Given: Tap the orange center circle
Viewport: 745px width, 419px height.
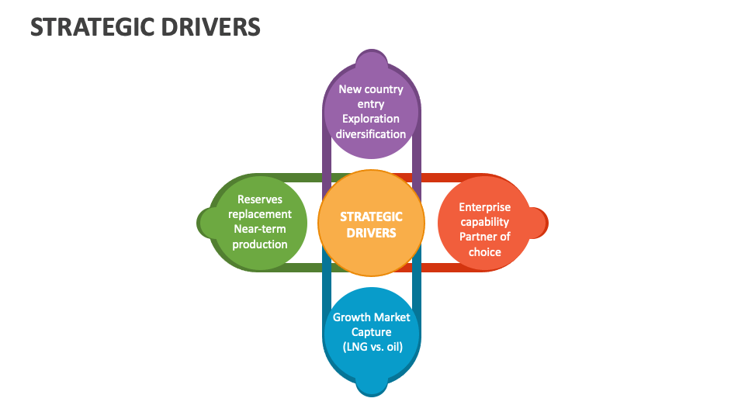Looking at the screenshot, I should [371, 224].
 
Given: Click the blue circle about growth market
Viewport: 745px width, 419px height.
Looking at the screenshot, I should [371, 332].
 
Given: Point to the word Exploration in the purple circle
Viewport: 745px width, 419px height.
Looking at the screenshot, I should [371, 119].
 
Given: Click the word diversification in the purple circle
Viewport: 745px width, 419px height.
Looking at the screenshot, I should [371, 133].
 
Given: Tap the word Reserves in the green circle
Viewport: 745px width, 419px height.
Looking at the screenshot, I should [260, 199].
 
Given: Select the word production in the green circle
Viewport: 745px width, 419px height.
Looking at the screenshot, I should [260, 244].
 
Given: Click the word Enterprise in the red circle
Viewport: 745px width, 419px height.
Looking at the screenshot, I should [484, 207].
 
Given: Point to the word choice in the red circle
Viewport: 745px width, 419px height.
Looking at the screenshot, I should [484, 252].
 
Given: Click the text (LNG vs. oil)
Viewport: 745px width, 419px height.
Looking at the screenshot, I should [372, 347].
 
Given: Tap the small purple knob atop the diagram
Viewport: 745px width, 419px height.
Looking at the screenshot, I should [371, 60].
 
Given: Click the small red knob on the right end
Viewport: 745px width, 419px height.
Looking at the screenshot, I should [539, 223].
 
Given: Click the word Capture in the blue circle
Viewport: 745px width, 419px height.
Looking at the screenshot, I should [371, 332].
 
